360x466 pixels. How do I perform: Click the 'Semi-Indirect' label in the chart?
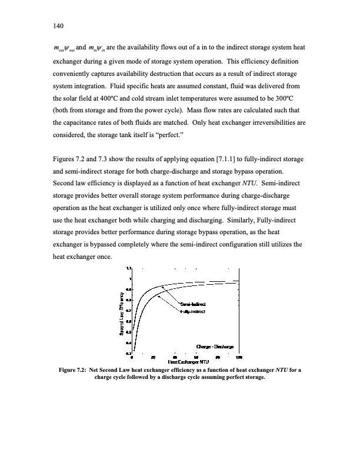pyautogui.click(x=194, y=303)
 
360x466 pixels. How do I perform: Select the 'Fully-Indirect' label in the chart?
pyautogui.click(x=193, y=311)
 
